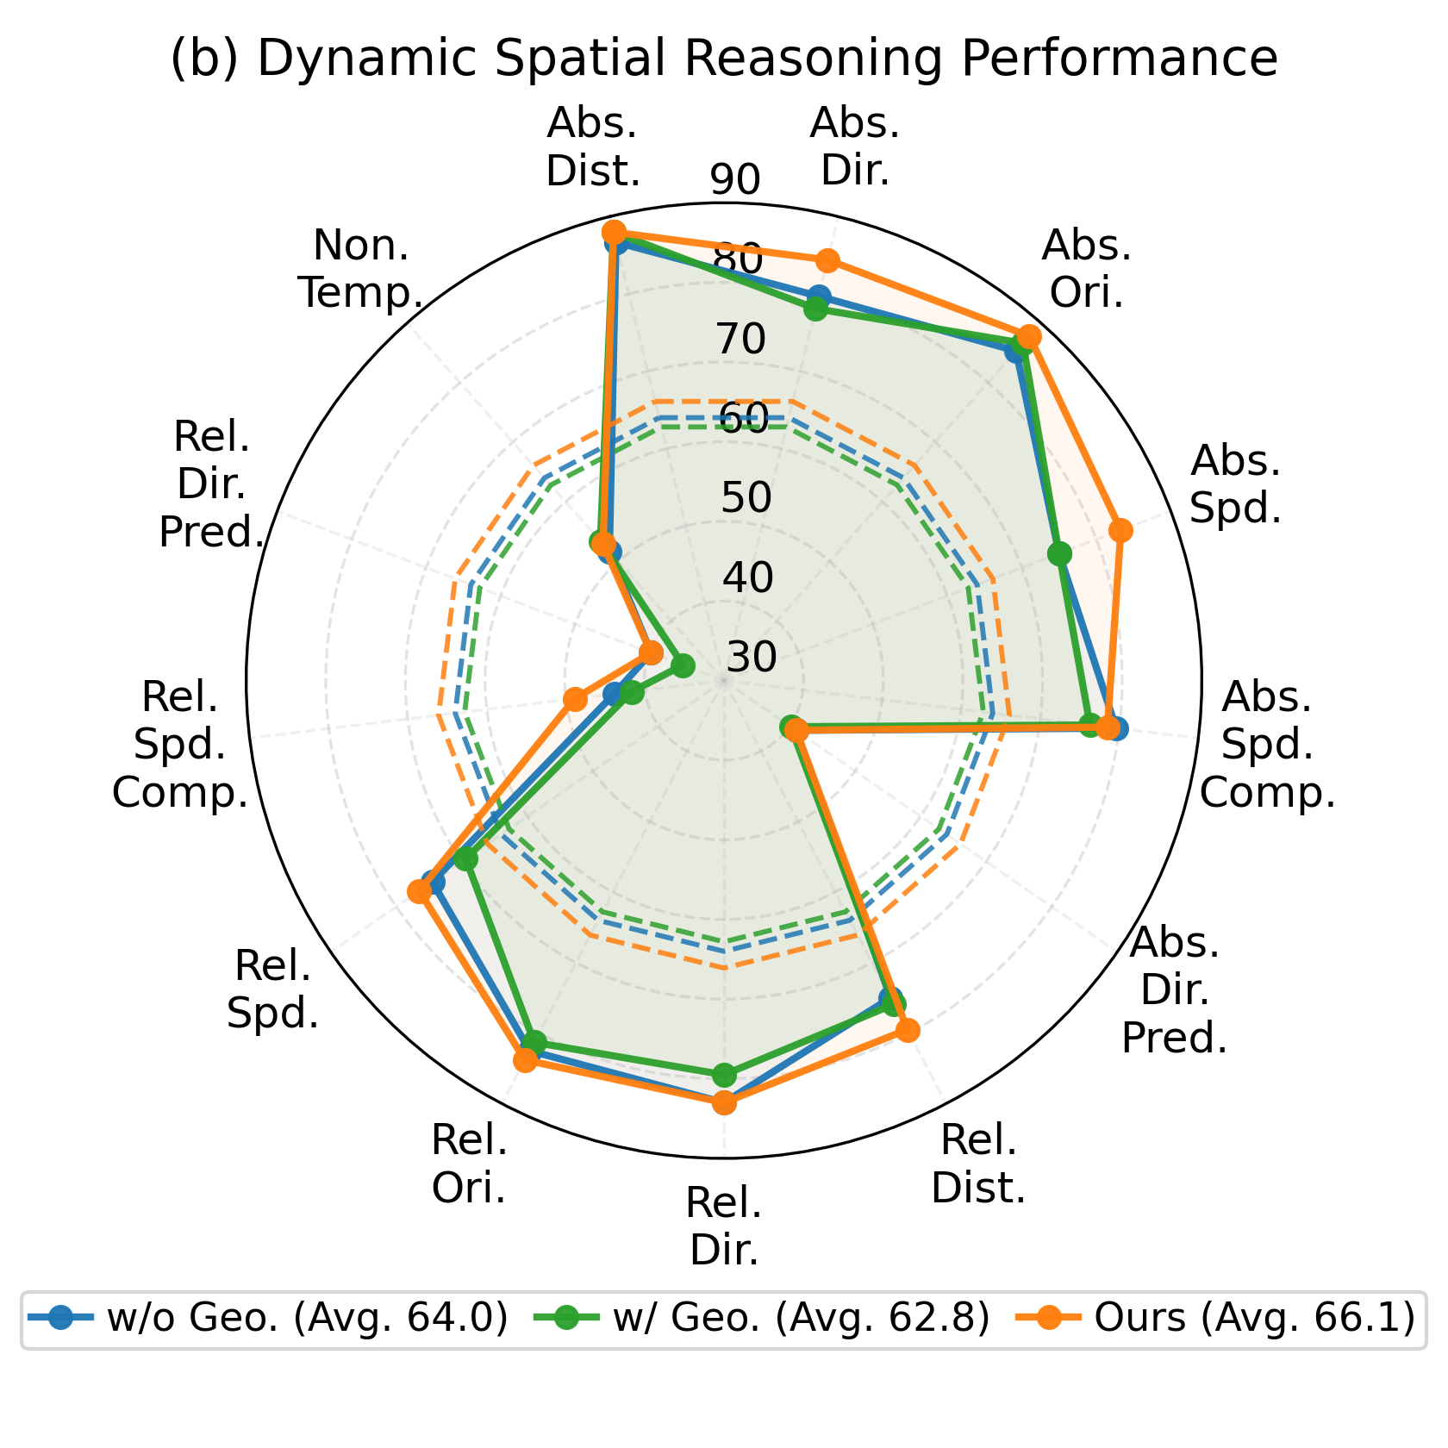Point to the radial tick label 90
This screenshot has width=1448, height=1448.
(735, 180)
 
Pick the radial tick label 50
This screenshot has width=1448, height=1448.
(746, 498)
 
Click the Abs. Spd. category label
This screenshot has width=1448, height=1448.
(1234, 485)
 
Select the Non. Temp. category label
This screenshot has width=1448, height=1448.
(361, 270)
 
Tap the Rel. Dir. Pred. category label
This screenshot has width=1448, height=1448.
(211, 484)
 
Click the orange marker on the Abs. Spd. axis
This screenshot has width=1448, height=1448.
(1120, 531)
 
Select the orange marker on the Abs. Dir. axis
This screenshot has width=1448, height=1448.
(827, 259)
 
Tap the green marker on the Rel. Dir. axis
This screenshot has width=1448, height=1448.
(724, 1075)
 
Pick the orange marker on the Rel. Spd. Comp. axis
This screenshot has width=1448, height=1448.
(574, 699)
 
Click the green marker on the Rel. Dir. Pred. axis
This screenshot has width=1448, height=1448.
(683, 665)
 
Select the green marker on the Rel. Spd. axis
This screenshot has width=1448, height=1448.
(465, 859)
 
